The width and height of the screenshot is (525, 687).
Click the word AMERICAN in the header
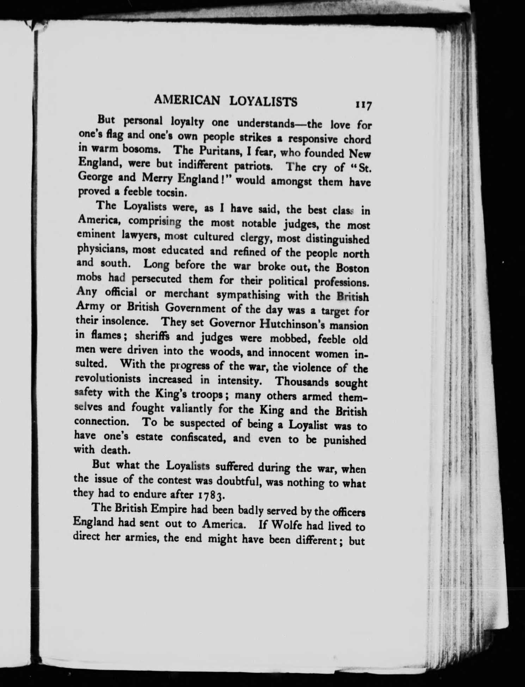pyautogui.click(x=188, y=101)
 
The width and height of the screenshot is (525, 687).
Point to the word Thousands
pyautogui.click(x=304, y=382)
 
